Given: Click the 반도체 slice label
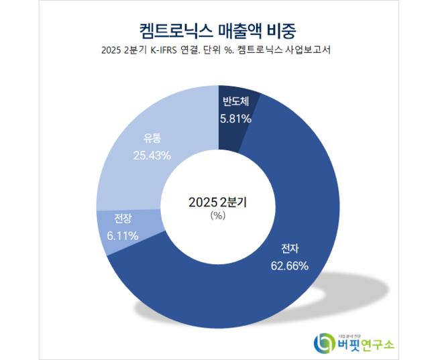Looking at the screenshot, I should [x=235, y=103].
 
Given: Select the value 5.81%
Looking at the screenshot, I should [x=235, y=119].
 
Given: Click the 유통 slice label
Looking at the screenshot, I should [x=152, y=139].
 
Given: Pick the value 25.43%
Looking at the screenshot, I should [x=152, y=155].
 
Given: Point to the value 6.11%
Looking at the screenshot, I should [x=123, y=235].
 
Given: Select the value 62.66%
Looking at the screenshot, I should [x=289, y=265].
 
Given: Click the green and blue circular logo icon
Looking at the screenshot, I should [x=325, y=343].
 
